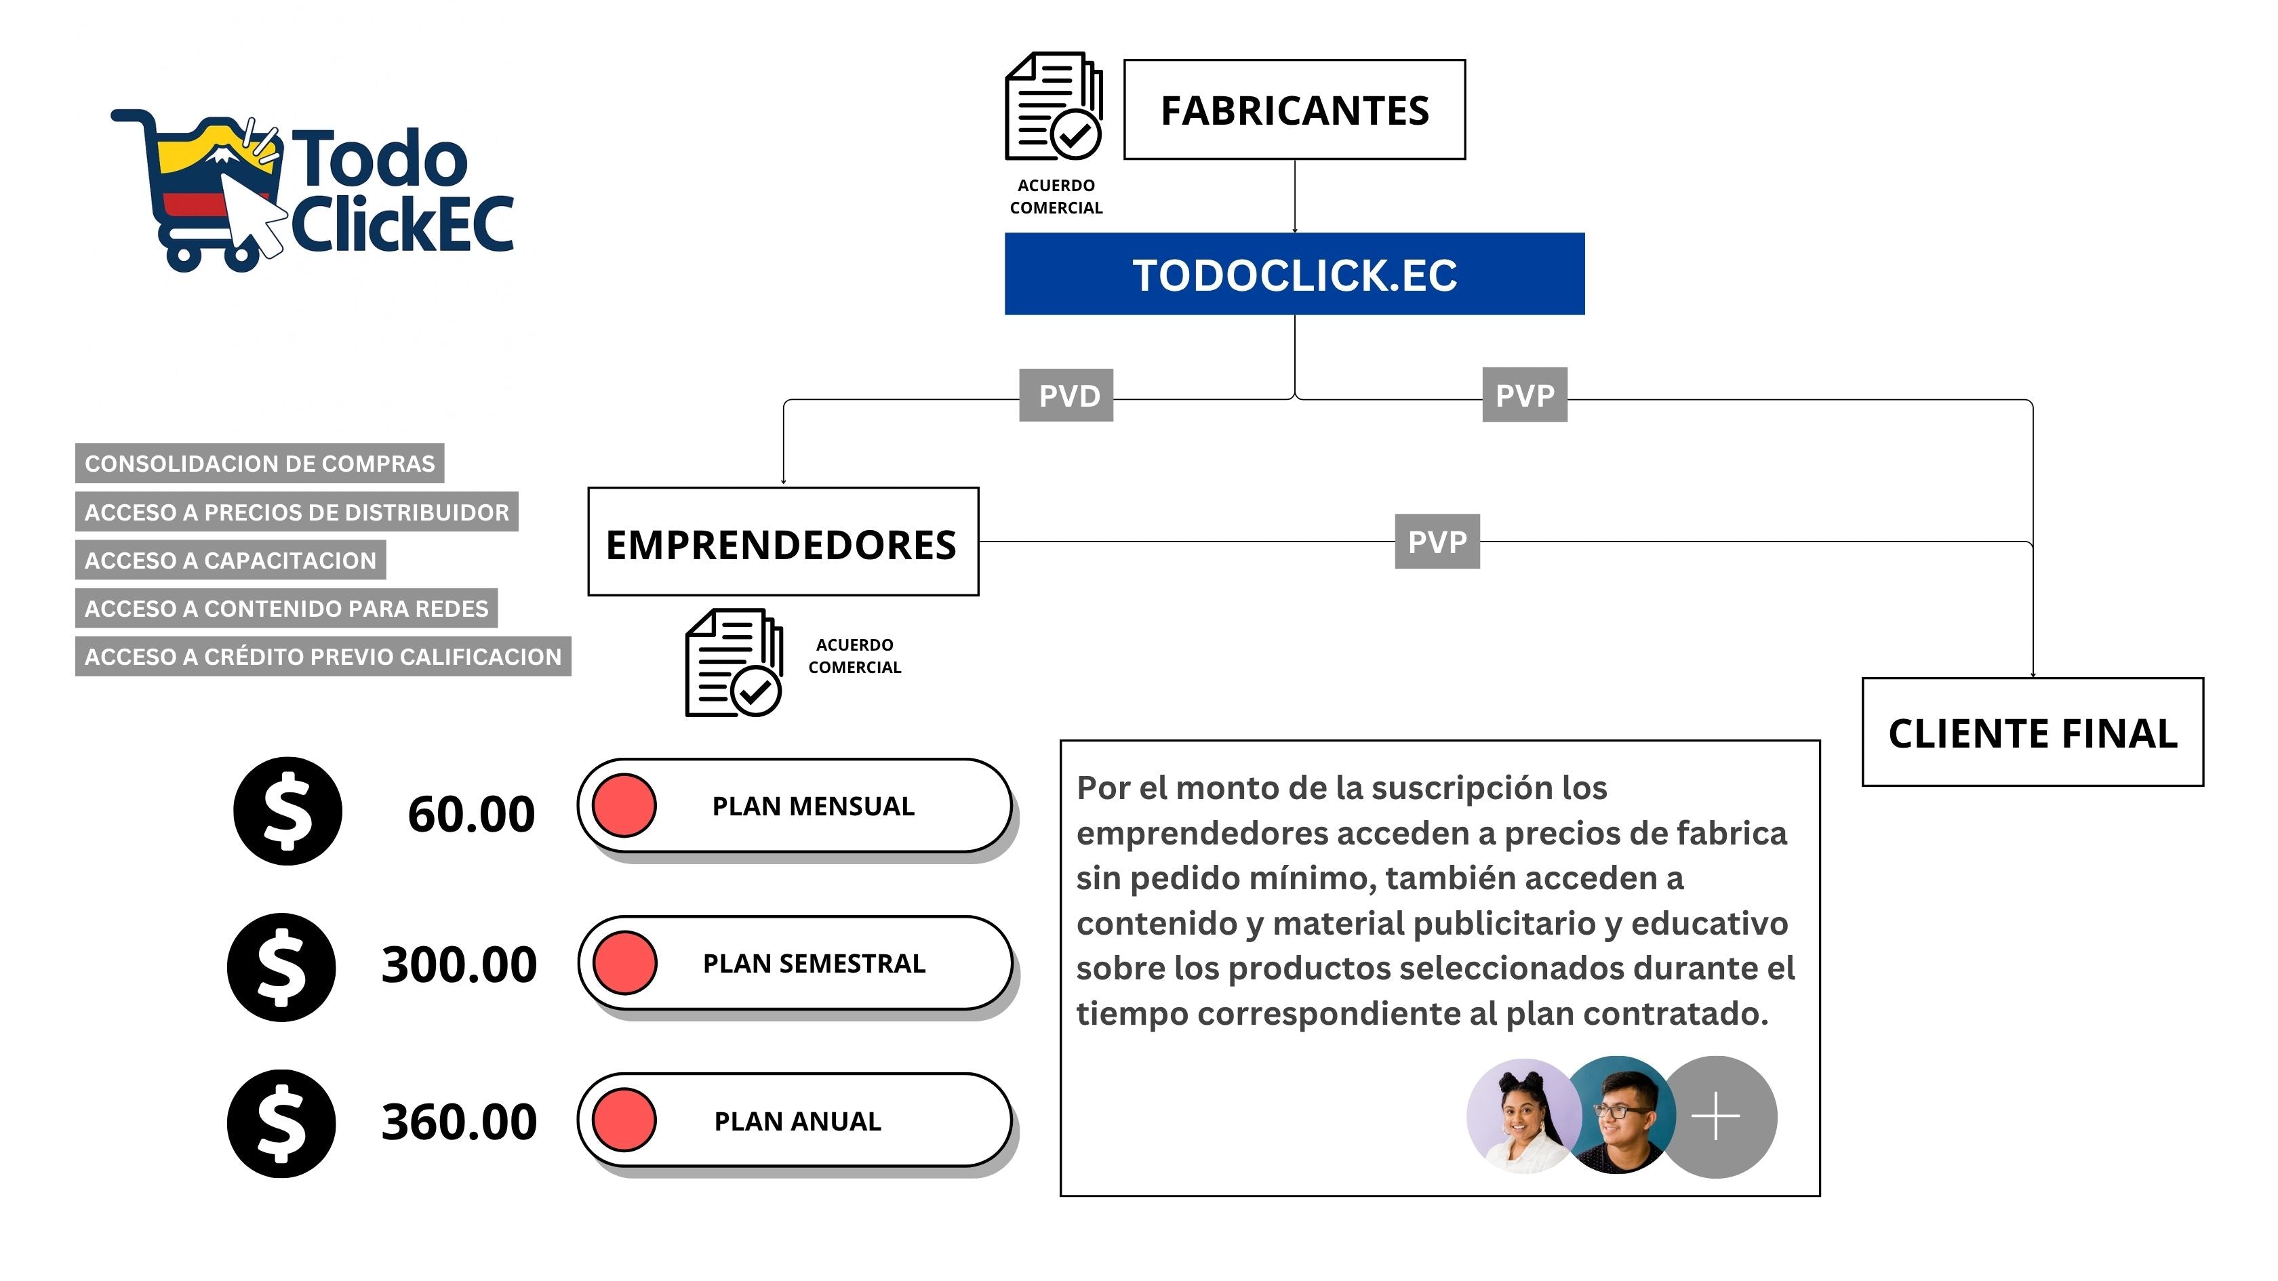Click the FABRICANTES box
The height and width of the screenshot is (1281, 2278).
click(1294, 110)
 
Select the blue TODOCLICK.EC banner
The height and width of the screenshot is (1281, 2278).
click(1294, 274)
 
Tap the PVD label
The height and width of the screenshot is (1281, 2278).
click(1066, 395)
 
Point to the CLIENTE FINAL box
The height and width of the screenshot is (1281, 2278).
click(2032, 732)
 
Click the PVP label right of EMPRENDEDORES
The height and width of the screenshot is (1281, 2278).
click(1437, 541)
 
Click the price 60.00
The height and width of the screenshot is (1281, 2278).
click(471, 814)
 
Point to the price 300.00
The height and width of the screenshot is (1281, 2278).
click(459, 964)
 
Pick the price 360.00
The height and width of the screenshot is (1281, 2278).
click(459, 1122)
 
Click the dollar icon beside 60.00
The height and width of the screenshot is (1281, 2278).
click(287, 811)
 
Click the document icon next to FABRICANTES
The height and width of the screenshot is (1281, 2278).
click(1053, 106)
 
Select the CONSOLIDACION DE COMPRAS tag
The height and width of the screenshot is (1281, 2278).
click(259, 463)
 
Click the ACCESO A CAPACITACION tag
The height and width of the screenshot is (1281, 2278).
click(230, 561)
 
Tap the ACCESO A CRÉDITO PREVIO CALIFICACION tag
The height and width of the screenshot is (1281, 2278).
click(323, 657)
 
